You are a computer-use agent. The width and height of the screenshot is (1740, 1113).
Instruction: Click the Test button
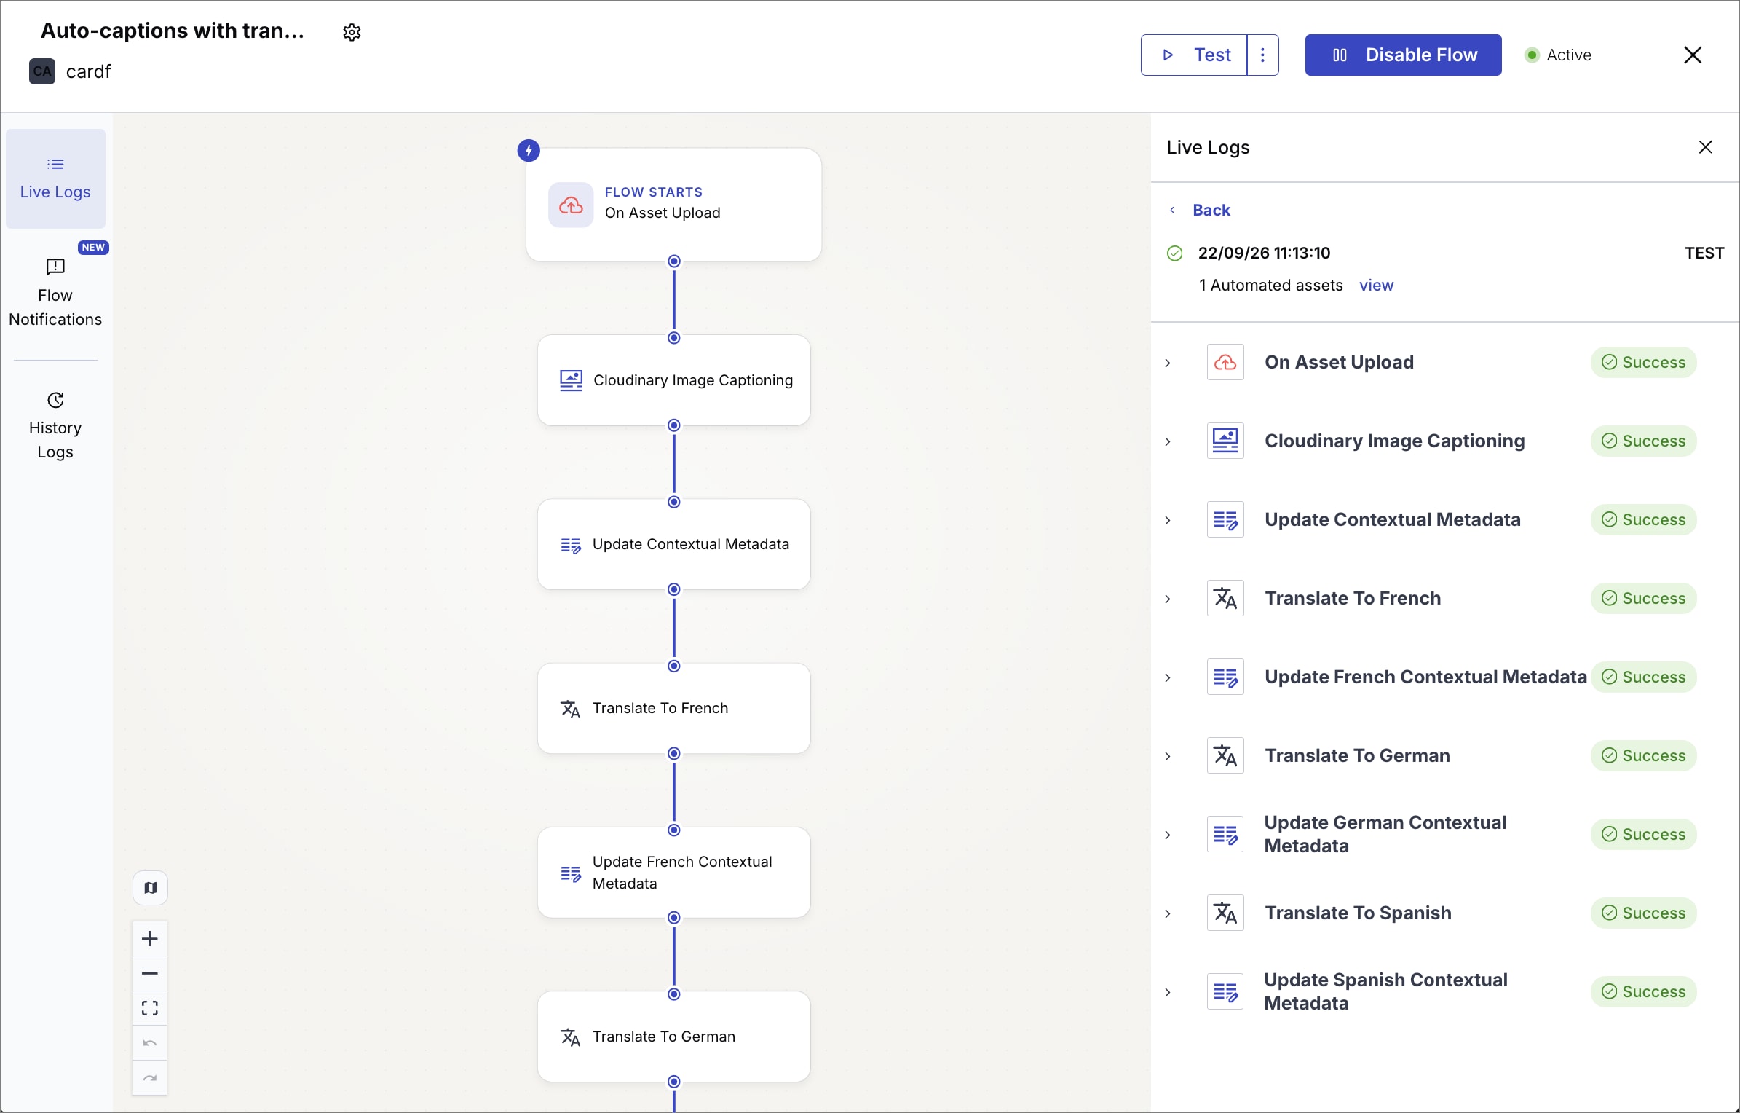[1194, 55]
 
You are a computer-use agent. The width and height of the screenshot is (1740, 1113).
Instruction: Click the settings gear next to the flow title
[352, 32]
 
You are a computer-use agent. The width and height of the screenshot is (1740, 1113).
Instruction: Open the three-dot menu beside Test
[1263, 55]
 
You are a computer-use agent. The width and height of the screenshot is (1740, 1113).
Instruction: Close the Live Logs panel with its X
[1705, 147]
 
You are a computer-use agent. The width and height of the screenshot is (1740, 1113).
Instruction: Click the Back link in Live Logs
[1211, 210]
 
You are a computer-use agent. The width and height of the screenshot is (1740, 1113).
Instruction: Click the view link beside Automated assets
[1376, 285]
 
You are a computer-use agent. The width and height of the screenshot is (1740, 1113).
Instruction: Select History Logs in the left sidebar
[55, 425]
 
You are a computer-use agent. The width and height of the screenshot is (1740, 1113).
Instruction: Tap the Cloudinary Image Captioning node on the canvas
[674, 380]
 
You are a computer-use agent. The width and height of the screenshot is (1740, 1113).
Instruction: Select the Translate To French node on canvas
[674, 708]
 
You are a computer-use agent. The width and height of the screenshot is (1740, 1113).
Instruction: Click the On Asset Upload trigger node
[674, 205]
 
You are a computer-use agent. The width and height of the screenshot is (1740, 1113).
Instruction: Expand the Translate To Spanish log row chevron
[1168, 913]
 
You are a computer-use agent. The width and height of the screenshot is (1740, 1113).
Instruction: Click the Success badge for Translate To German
[1643, 755]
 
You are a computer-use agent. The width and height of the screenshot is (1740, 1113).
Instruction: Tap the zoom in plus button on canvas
[150, 938]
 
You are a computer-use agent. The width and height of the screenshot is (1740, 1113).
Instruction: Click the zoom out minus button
[150, 973]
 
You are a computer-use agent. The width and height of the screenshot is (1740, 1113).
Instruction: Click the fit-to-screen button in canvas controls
[150, 1008]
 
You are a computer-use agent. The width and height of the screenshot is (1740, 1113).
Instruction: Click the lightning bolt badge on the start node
[529, 151]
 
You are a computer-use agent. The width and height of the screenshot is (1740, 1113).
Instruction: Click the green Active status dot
[1532, 55]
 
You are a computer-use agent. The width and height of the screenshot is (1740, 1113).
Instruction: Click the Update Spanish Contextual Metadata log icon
[1225, 991]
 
